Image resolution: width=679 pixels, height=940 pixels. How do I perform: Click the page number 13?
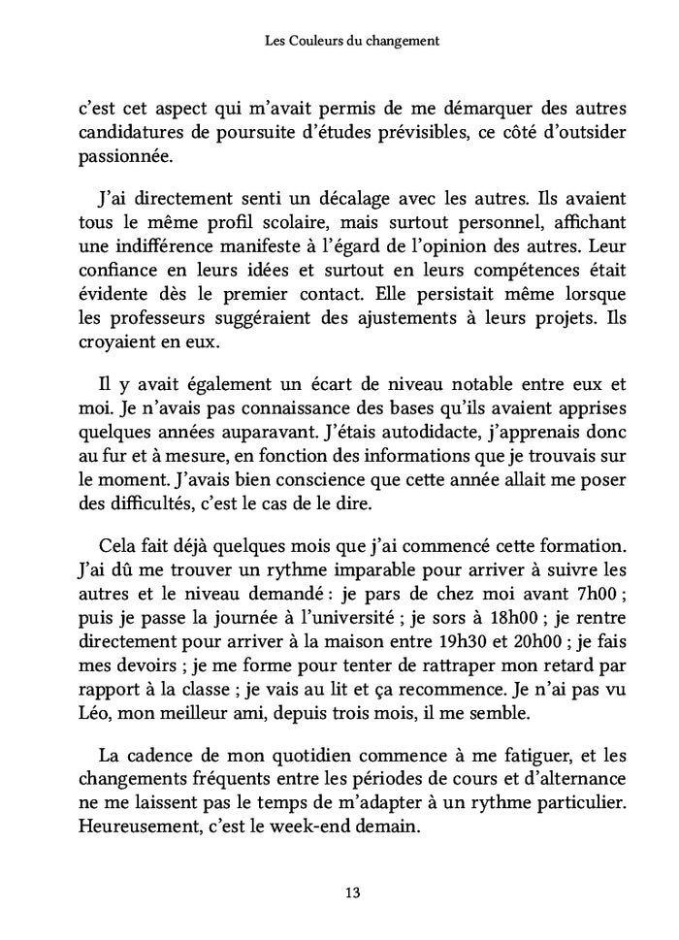pos(339,892)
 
